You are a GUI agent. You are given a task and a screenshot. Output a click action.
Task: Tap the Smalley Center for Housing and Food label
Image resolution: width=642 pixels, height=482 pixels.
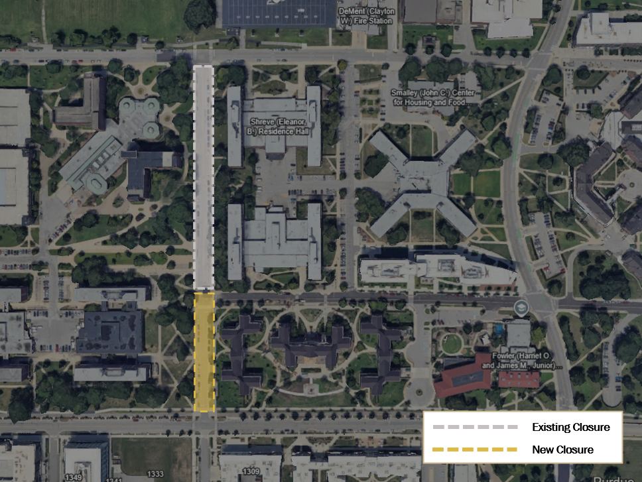point(432,97)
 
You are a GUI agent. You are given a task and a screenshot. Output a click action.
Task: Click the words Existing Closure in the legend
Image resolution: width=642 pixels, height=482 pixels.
point(570,427)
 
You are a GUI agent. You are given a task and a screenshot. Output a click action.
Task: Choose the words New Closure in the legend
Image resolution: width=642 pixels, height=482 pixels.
point(562,450)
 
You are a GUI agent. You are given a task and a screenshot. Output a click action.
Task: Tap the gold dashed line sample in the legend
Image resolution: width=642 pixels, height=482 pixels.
point(474,450)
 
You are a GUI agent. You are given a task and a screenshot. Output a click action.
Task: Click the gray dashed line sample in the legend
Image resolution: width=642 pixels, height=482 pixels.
point(474,427)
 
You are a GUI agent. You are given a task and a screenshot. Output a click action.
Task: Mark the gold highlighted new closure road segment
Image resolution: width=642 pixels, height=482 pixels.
point(204,351)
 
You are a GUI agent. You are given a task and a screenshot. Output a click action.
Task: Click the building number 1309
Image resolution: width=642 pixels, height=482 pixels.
point(251,472)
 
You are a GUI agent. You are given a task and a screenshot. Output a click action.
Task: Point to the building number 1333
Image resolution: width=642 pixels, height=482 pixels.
point(155,473)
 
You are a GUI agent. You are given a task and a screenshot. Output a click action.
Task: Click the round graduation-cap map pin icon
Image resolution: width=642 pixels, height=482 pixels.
point(522,308)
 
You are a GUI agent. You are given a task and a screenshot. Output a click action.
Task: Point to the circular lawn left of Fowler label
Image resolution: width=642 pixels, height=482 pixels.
point(452,343)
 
